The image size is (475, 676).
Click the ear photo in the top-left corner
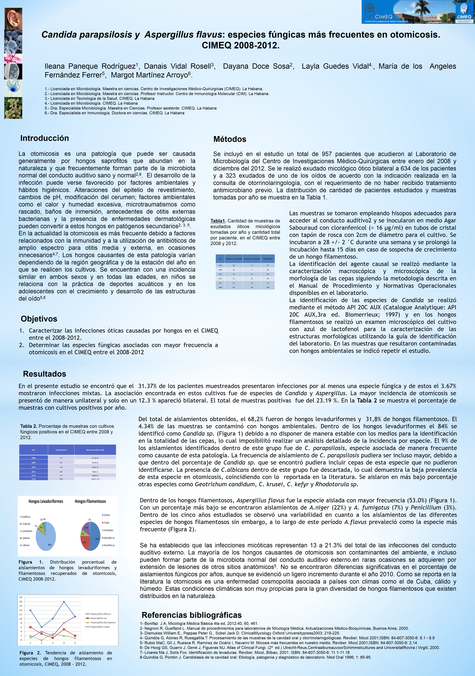pyautogui.click(x=13, y=19)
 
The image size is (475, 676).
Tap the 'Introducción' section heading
pyautogui.click(x=44, y=138)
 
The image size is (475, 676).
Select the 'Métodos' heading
pyautogui.click(x=230, y=139)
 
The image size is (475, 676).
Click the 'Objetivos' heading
pyautogui.click(x=39, y=319)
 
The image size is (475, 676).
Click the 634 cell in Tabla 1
pyautogui.click(x=234, y=287)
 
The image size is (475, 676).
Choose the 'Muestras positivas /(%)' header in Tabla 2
pyautogui.click(x=95, y=450)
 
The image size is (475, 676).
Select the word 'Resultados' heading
pyautogui.click(x=44, y=374)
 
